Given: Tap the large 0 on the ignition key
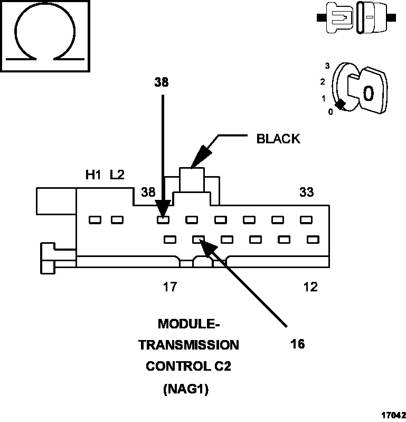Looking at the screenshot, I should click(368, 93).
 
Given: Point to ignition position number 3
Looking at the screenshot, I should click(328, 66).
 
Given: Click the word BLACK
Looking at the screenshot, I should click(278, 139).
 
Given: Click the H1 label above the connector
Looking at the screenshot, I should click(93, 175).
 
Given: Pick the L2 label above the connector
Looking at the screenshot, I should click(117, 175).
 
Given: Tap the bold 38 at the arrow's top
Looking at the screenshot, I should click(162, 82).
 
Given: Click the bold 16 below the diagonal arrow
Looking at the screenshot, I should click(297, 344).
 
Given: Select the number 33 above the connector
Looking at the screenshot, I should click(306, 192).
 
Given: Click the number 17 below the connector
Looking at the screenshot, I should click(169, 287).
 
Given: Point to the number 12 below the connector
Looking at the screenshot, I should click(310, 287).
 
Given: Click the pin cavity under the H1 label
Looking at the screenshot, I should click(95, 219).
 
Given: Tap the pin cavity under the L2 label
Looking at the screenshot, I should click(117, 219).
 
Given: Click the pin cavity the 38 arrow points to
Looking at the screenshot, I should click(163, 219).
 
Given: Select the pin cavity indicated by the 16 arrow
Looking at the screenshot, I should click(199, 240).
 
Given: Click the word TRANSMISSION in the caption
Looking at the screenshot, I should click(188, 345).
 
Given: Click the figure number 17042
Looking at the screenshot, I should click(392, 415).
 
